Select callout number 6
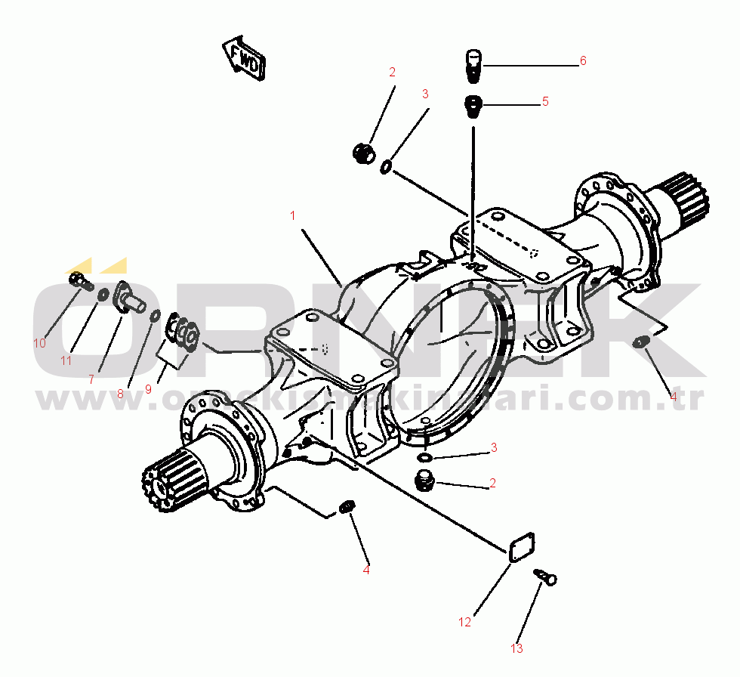pyautogui.click(x=583, y=60)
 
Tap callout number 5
pyautogui.click(x=544, y=101)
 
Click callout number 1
pyautogui.click(x=292, y=215)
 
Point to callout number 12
pyautogui.click(x=464, y=622)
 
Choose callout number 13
pyautogui.click(x=516, y=648)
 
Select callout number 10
pyautogui.click(x=39, y=342)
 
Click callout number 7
pyautogui.click(x=91, y=379)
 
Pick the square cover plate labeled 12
pyautogui.click(x=520, y=548)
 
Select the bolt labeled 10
pyautogui.click(x=79, y=282)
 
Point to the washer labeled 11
pyautogui.click(x=101, y=293)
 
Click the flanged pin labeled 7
pyautogui.click(x=129, y=298)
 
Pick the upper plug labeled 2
pyautogui.click(x=362, y=153)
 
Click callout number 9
pyautogui.click(x=148, y=389)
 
